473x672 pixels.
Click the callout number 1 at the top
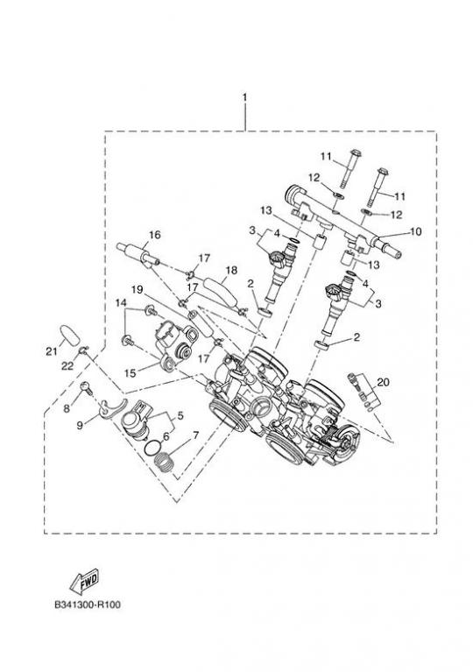[244, 98]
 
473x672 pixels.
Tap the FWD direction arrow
[84, 581]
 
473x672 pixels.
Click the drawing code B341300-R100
[88, 605]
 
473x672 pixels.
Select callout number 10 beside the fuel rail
[415, 232]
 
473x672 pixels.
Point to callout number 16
[155, 235]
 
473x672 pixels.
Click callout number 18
[231, 270]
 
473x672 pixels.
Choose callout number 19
[138, 290]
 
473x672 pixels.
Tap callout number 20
[384, 382]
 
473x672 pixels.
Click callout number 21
[52, 352]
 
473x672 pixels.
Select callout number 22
[67, 365]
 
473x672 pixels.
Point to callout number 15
[130, 373]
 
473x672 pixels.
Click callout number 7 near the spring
[196, 435]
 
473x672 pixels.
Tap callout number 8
[67, 408]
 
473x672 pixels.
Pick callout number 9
[80, 425]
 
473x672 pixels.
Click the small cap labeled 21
[71, 335]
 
